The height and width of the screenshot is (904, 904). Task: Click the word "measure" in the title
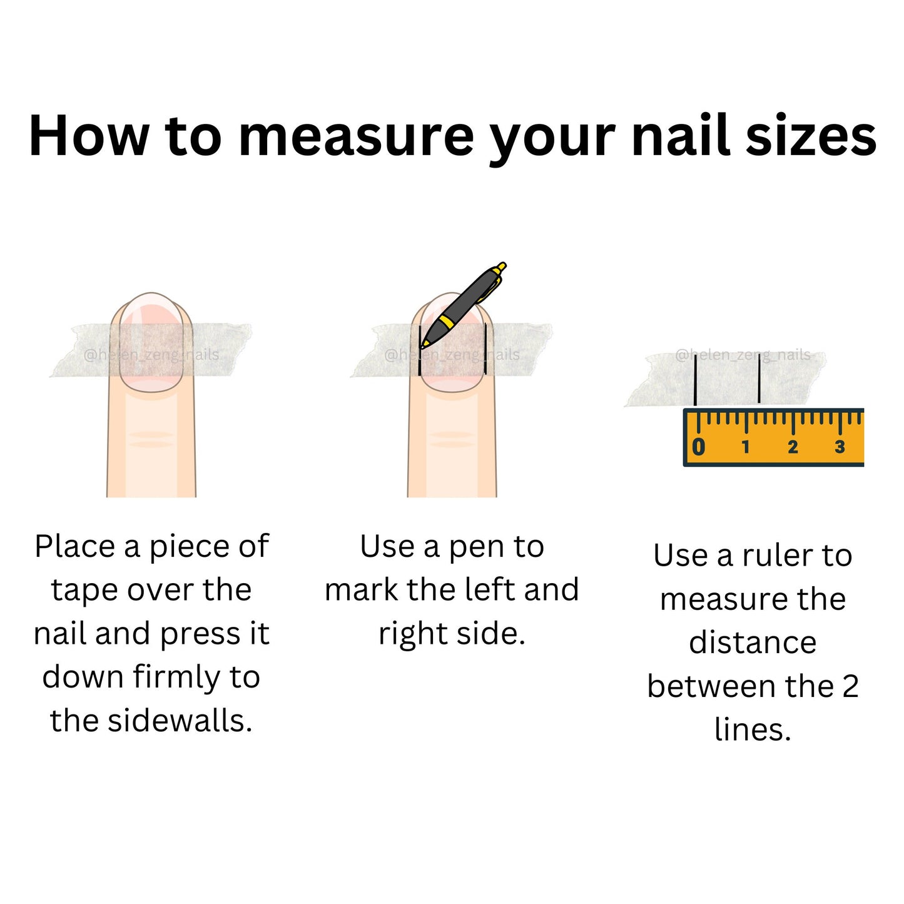(x=356, y=136)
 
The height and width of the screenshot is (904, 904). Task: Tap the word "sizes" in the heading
(x=811, y=135)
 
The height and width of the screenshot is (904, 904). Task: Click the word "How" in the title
(x=89, y=135)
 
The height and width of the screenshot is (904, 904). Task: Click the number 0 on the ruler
(x=699, y=446)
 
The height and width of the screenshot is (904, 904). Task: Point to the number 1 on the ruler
(x=746, y=447)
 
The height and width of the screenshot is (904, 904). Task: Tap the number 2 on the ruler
(x=793, y=447)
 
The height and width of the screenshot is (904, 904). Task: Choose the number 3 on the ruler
(x=840, y=447)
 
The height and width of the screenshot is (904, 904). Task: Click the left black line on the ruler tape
(x=695, y=380)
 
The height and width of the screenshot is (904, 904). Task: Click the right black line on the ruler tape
(x=759, y=378)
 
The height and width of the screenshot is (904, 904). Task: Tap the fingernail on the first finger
(x=151, y=342)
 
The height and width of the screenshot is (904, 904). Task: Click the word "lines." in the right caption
(x=753, y=730)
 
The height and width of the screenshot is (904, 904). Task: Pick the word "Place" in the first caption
(x=75, y=546)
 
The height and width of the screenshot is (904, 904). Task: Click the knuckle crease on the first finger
(x=151, y=439)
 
